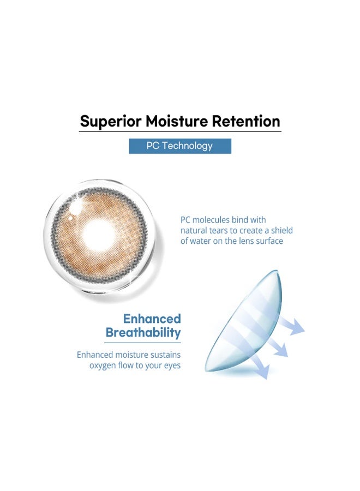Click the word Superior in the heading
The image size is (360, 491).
click(x=111, y=122)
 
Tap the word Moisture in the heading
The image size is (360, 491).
click(x=177, y=121)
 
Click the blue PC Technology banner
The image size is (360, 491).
click(x=180, y=146)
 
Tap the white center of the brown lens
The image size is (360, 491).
click(x=98, y=235)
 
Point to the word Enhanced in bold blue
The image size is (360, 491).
click(x=152, y=319)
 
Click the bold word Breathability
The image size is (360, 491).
click(x=143, y=333)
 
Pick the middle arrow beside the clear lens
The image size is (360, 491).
click(x=277, y=347)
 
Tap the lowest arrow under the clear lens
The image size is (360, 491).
click(x=259, y=368)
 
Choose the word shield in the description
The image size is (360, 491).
click(x=282, y=230)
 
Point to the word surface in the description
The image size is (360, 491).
click(x=269, y=241)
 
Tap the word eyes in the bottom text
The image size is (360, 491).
click(x=172, y=366)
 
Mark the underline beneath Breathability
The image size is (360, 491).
click(x=143, y=343)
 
